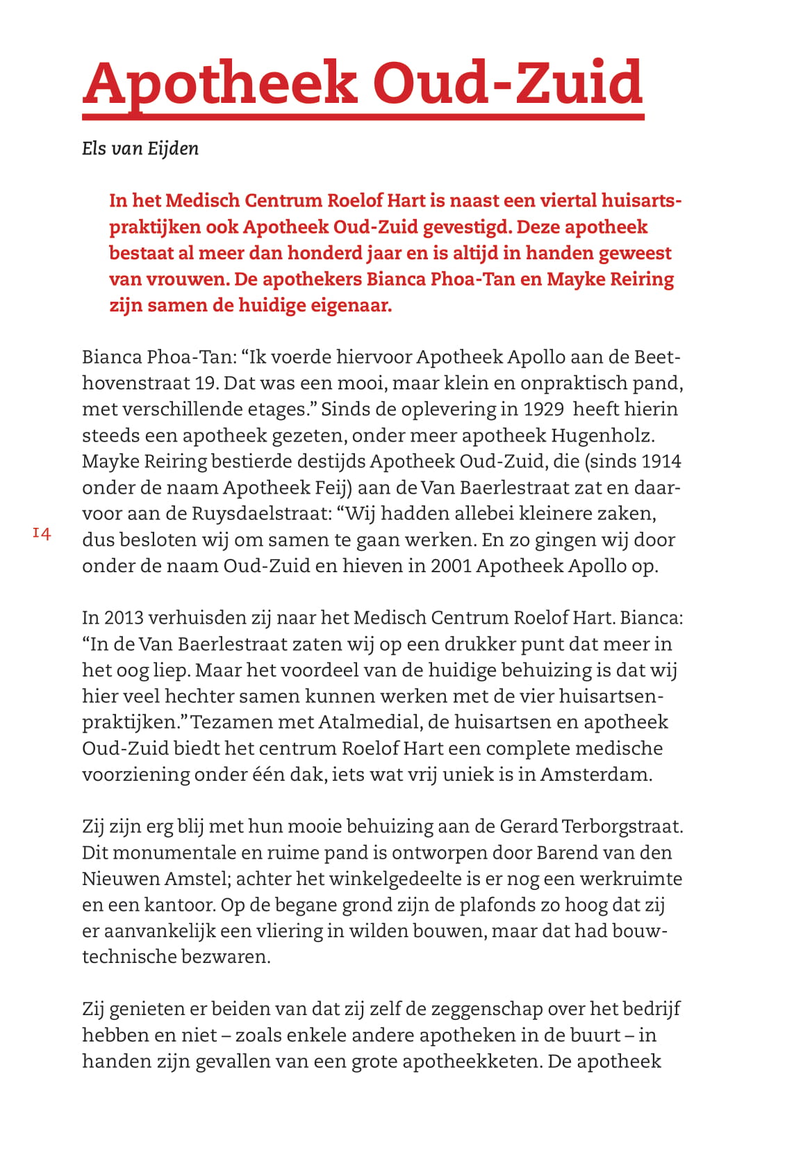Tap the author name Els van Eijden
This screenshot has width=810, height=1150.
pyautogui.click(x=140, y=149)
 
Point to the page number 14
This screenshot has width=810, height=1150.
pyautogui.click(x=42, y=534)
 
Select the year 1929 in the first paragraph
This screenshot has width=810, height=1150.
pyautogui.click(x=543, y=409)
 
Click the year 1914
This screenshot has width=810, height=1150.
pyautogui.click(x=661, y=462)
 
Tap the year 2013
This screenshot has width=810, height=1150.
pyautogui.click(x=123, y=618)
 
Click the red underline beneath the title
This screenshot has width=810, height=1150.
pyautogui.click(x=363, y=116)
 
